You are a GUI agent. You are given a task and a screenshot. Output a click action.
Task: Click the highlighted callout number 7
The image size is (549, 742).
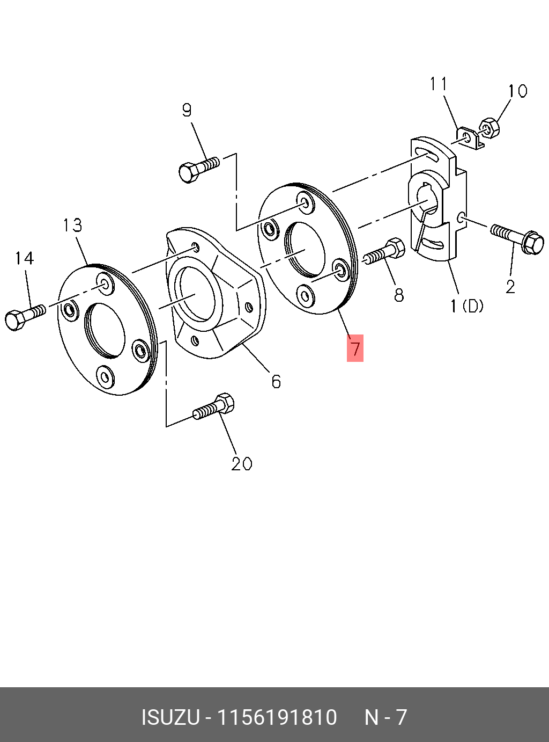click(x=355, y=348)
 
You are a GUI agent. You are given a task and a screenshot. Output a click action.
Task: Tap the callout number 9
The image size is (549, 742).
click(x=187, y=110)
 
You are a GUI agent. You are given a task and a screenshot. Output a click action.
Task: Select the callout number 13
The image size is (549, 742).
click(x=72, y=225)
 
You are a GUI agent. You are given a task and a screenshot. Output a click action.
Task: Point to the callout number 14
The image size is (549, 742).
click(x=24, y=258)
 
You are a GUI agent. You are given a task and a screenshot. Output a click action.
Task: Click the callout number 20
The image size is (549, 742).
click(x=242, y=463)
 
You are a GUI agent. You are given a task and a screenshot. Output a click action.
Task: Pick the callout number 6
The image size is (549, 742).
click(x=276, y=381)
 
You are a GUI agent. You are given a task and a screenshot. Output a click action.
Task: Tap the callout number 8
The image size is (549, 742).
click(x=399, y=295)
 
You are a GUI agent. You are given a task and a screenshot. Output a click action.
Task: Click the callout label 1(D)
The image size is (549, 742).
click(x=467, y=306)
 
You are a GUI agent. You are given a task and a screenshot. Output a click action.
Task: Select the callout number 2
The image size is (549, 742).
click(x=510, y=287)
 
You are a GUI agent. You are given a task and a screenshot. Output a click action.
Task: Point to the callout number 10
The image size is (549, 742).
click(x=517, y=91)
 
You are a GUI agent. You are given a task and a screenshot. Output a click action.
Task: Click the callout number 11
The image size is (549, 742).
click(x=439, y=84)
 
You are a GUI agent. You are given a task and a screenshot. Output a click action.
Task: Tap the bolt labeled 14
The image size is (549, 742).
click(x=24, y=317)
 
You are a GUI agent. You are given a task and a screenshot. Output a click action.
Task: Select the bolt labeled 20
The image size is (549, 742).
click(x=214, y=408)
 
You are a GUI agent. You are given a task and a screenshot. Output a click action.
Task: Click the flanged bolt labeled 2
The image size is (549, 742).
click(x=518, y=238)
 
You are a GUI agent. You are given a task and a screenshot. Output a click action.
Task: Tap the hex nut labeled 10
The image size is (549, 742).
click(x=489, y=127)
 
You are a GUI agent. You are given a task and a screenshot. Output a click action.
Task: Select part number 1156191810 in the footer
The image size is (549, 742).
click(x=277, y=717)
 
